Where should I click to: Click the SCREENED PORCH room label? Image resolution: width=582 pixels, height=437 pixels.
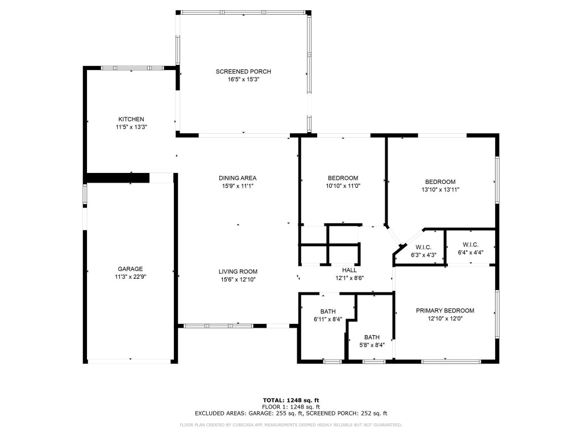click(243, 72)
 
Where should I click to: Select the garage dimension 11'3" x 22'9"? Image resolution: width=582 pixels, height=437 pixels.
click(130, 277)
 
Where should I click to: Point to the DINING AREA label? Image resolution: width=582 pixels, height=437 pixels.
click(238, 178)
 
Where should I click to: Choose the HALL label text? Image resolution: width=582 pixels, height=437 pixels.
click(349, 270)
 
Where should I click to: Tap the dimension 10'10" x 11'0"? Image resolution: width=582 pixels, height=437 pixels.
click(343, 185)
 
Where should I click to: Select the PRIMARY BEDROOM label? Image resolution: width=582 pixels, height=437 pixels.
click(445, 311)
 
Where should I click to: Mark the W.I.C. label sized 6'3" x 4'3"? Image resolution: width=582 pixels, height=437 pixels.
click(423, 248)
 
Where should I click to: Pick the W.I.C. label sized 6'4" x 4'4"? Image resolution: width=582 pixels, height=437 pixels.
click(471, 244)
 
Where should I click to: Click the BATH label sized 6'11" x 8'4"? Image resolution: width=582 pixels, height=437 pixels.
click(328, 311)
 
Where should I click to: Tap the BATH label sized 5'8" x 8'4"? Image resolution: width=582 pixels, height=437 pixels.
click(372, 337)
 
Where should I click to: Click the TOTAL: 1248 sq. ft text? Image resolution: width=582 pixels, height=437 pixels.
click(291, 400)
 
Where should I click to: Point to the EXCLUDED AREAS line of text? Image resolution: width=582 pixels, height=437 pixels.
click(291, 414)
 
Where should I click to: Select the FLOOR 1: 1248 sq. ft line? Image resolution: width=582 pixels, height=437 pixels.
click(291, 407)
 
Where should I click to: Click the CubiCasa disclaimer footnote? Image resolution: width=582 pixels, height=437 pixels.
click(291, 425)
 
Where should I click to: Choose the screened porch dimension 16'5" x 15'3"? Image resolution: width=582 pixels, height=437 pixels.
click(243, 80)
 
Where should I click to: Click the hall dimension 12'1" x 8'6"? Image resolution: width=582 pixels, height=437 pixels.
click(349, 278)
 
